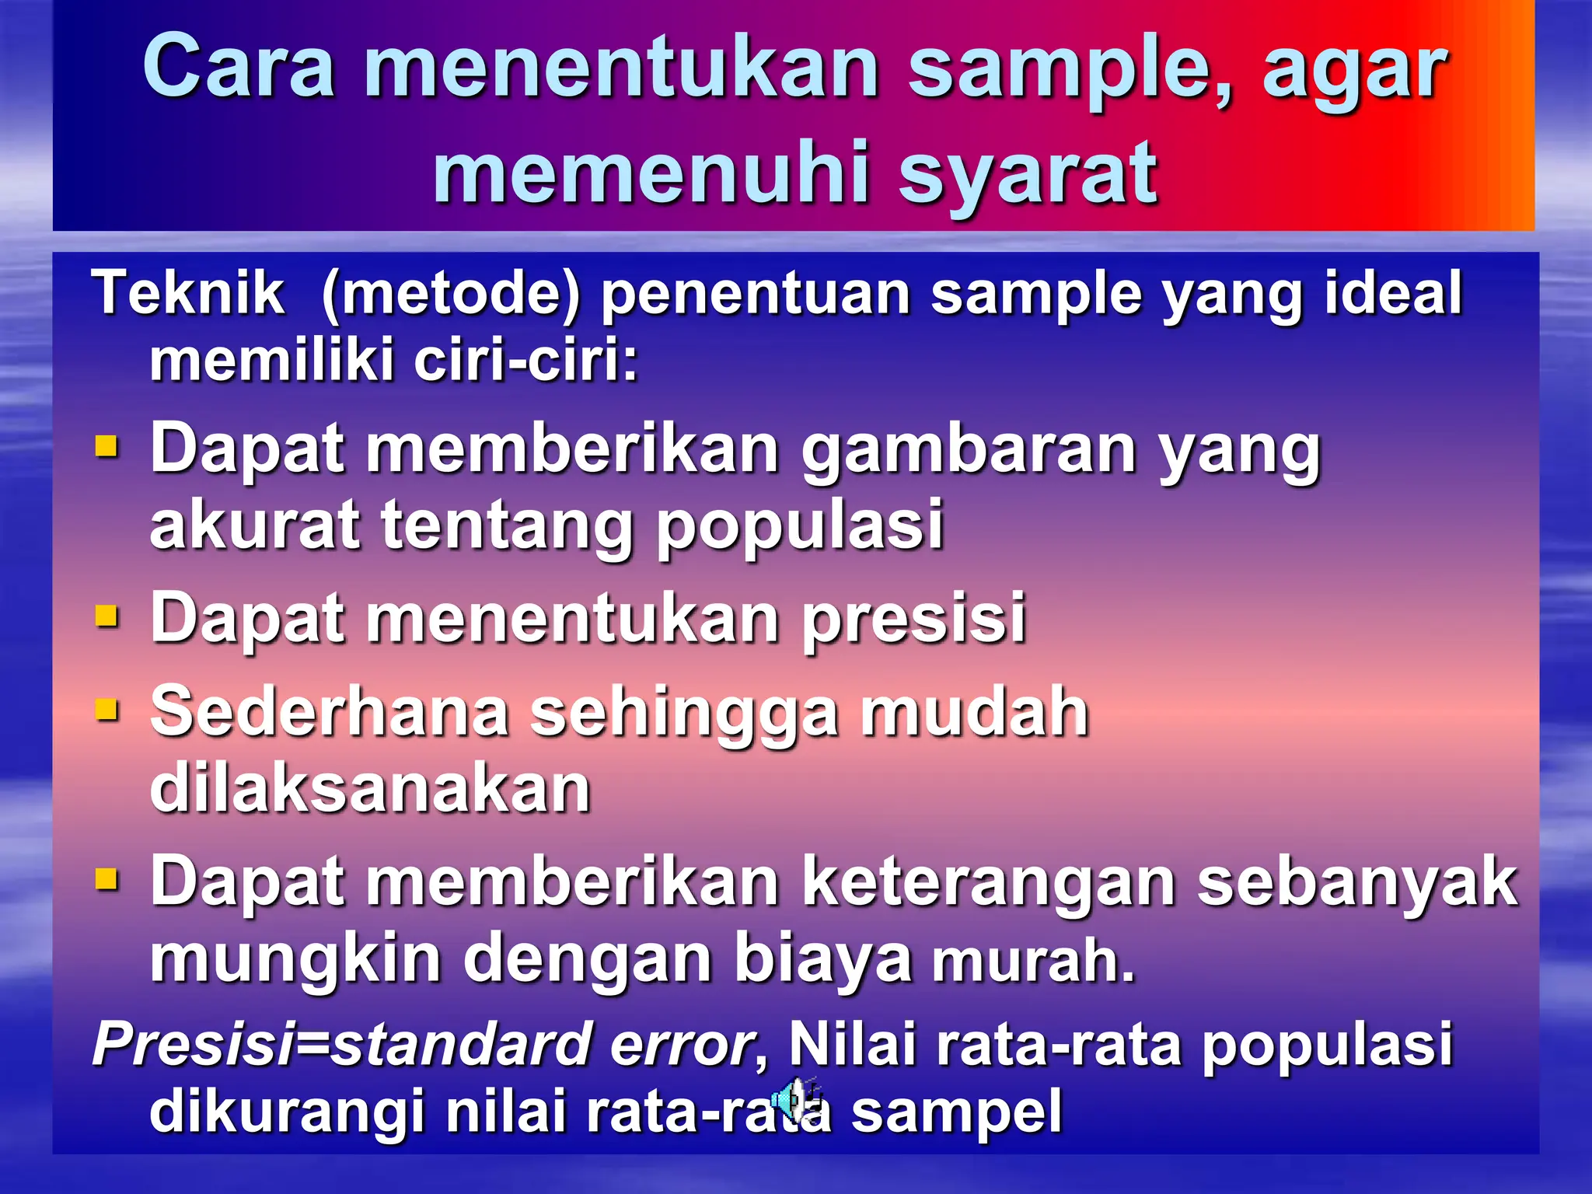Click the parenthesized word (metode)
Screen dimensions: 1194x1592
click(451, 295)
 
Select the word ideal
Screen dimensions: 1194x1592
click(1394, 293)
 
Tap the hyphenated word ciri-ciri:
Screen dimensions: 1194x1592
click(525, 361)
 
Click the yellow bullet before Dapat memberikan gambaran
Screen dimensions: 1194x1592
click(106, 448)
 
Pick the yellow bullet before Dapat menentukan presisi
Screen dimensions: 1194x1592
click(106, 617)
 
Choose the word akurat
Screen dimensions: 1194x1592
click(255, 525)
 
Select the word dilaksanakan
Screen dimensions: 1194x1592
click(370, 789)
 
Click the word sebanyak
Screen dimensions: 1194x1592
click(1356, 882)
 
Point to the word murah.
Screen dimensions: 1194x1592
click(1033, 962)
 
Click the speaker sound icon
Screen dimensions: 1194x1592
click(793, 1098)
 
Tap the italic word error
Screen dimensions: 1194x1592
click(682, 1044)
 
